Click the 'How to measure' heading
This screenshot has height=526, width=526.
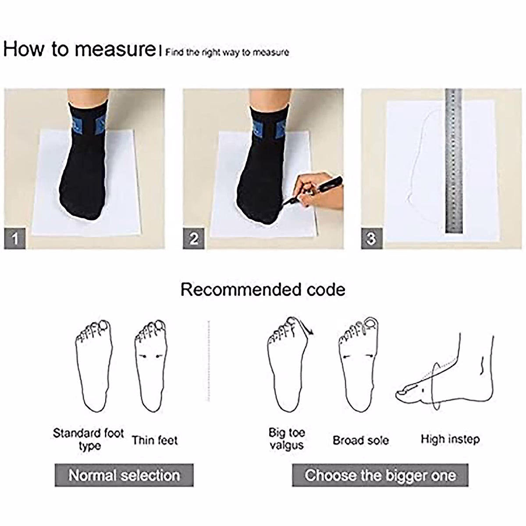tap(79, 49)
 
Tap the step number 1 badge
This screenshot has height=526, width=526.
tap(15, 239)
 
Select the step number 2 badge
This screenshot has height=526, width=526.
tap(194, 239)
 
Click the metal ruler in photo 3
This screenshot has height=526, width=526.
tap(454, 162)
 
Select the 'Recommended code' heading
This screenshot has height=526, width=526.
tap(263, 290)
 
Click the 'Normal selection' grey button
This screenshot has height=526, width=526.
tap(124, 475)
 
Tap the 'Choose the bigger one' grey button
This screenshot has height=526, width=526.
tap(380, 475)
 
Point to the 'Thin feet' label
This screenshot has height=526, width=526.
tap(155, 440)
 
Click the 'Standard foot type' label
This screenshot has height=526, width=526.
tap(89, 440)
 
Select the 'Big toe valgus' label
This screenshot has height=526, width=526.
tap(287, 439)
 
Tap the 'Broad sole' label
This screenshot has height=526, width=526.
tap(361, 440)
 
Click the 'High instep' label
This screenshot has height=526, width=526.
tap(450, 439)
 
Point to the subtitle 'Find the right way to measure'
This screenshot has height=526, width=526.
tap(227, 53)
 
